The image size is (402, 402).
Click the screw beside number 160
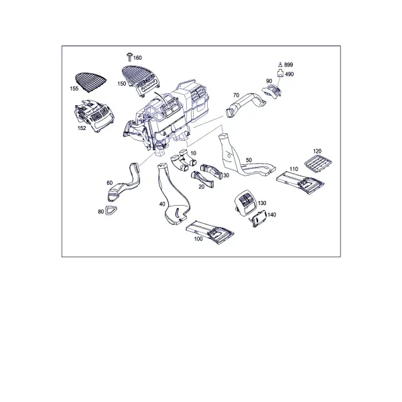[x=130, y=57]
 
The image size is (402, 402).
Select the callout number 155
[x=74, y=88]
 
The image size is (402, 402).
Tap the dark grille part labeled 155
[x=90, y=80]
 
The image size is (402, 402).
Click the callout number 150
[x=122, y=84]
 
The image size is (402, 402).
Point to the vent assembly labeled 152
[x=94, y=116]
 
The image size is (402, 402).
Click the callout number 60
[x=109, y=183]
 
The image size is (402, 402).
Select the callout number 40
[x=162, y=204]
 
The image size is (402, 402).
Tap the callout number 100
[x=198, y=239]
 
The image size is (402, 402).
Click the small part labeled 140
[x=259, y=218]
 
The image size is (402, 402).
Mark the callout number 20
[x=202, y=187]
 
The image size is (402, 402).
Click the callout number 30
[x=226, y=176]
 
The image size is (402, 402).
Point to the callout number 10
[x=194, y=153]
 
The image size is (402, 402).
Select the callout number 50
[x=249, y=160]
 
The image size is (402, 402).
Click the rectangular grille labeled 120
[x=318, y=163]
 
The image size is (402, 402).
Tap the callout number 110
[x=294, y=169]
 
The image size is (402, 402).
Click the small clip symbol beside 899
[x=281, y=64]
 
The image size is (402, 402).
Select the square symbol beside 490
[x=281, y=74]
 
